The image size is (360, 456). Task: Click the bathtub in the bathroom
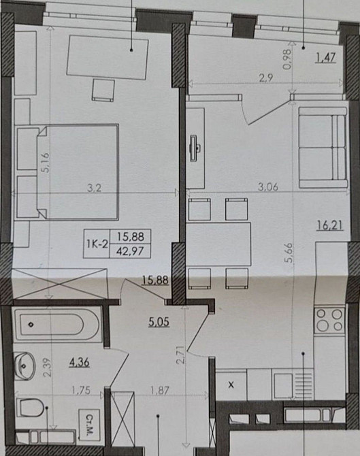[x=58, y=324]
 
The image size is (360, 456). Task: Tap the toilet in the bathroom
[x=31, y=408]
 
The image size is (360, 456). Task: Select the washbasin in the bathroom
[x=24, y=366]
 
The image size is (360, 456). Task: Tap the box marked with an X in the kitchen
[x=231, y=385]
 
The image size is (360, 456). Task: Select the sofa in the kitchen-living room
[x=323, y=147]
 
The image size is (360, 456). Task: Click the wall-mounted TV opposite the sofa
[x=193, y=148]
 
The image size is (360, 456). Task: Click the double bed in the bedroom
[x=67, y=172]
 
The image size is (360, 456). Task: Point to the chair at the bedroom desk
[x=103, y=90]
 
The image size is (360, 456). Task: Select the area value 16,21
[x=330, y=225]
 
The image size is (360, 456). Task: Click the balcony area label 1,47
[x=326, y=58]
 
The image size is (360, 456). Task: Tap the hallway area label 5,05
[x=159, y=322]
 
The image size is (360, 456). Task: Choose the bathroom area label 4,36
[x=79, y=362]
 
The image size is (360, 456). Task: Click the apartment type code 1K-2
[x=97, y=244]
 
